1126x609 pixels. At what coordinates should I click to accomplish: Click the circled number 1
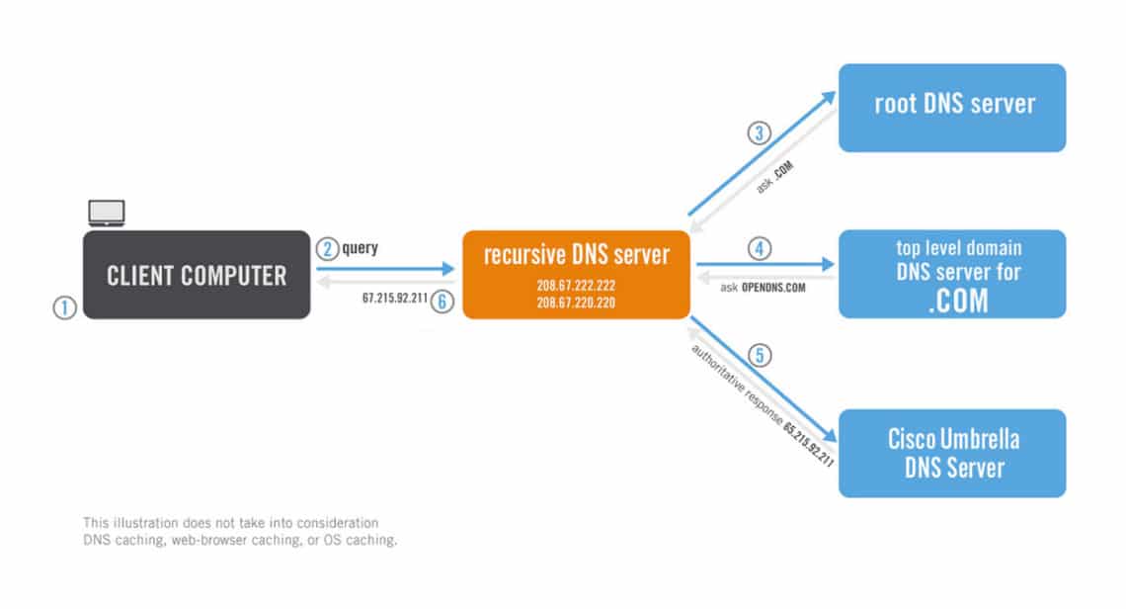tap(64, 308)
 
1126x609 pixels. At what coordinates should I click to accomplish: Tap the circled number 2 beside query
tap(327, 249)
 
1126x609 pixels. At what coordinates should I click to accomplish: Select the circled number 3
tap(758, 133)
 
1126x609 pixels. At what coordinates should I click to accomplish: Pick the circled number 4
tap(759, 249)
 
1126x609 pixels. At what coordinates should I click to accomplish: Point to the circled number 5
tap(761, 355)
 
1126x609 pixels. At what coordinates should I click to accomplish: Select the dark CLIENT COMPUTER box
tap(197, 274)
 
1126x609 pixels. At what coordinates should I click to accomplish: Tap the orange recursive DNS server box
tap(576, 274)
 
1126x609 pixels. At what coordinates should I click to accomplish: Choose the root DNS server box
tap(952, 108)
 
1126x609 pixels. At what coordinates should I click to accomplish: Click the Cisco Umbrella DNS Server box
tap(952, 453)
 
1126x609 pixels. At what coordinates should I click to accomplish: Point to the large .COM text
tap(957, 301)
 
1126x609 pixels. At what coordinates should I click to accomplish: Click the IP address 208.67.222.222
tap(577, 285)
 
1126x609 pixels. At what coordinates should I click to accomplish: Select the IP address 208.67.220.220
tap(577, 303)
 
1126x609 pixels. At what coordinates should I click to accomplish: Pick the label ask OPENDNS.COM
tap(763, 288)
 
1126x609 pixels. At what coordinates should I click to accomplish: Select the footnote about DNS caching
tap(240, 531)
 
